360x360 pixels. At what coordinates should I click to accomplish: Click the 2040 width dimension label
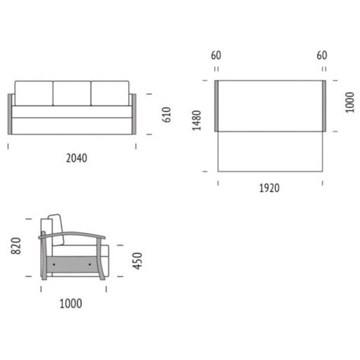77,158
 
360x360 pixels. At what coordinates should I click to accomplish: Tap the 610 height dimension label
166,115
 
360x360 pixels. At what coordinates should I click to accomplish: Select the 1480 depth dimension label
197,121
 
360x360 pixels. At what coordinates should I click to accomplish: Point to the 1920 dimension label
270,188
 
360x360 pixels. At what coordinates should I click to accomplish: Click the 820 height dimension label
16,246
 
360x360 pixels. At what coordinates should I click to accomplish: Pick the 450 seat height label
137,261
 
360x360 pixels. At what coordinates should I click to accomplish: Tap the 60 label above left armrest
216,55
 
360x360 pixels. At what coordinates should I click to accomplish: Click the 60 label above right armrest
322,55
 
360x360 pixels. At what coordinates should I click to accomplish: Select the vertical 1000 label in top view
349,103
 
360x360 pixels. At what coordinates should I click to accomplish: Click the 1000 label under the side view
71,304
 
